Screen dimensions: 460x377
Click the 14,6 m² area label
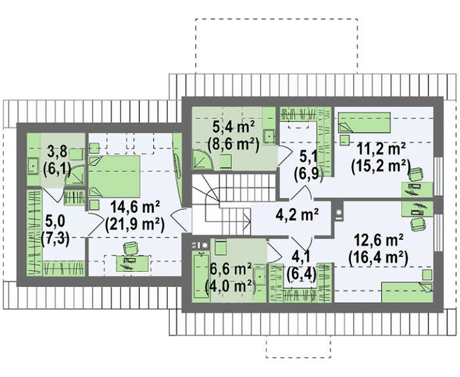click(135, 208)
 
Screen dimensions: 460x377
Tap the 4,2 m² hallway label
click(297, 215)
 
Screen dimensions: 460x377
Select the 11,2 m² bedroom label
click(381, 149)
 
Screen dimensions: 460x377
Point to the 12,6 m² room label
click(379, 240)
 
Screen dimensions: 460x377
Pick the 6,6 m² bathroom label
click(231, 270)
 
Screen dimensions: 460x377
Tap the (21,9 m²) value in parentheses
click(135, 225)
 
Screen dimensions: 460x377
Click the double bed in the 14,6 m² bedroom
click(114, 177)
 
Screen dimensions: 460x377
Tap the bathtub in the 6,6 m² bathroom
click(202, 276)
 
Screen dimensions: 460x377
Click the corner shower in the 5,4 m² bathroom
click(203, 159)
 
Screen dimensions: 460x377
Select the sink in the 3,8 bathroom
click(33, 166)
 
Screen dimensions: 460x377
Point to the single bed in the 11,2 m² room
click(364, 122)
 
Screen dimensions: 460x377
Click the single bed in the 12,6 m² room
click(407, 292)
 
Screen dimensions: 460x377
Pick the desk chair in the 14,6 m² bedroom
click(131, 248)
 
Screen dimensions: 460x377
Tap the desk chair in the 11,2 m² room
click(415, 175)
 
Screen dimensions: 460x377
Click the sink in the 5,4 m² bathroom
click(269, 136)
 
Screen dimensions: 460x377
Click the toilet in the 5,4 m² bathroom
click(225, 162)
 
